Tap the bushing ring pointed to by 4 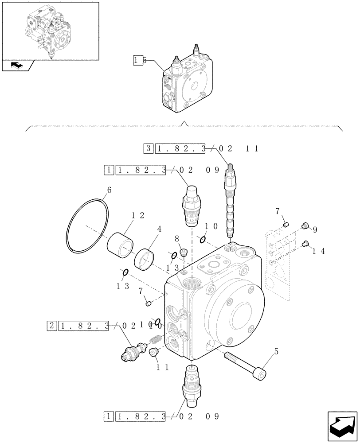pos(144,259)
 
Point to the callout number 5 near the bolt pos(277,352)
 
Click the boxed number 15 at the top pos(139,61)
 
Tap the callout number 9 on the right pos(314,230)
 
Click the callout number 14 pos(319,251)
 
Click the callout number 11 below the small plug pos(161,367)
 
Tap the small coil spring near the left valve pos(154,339)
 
